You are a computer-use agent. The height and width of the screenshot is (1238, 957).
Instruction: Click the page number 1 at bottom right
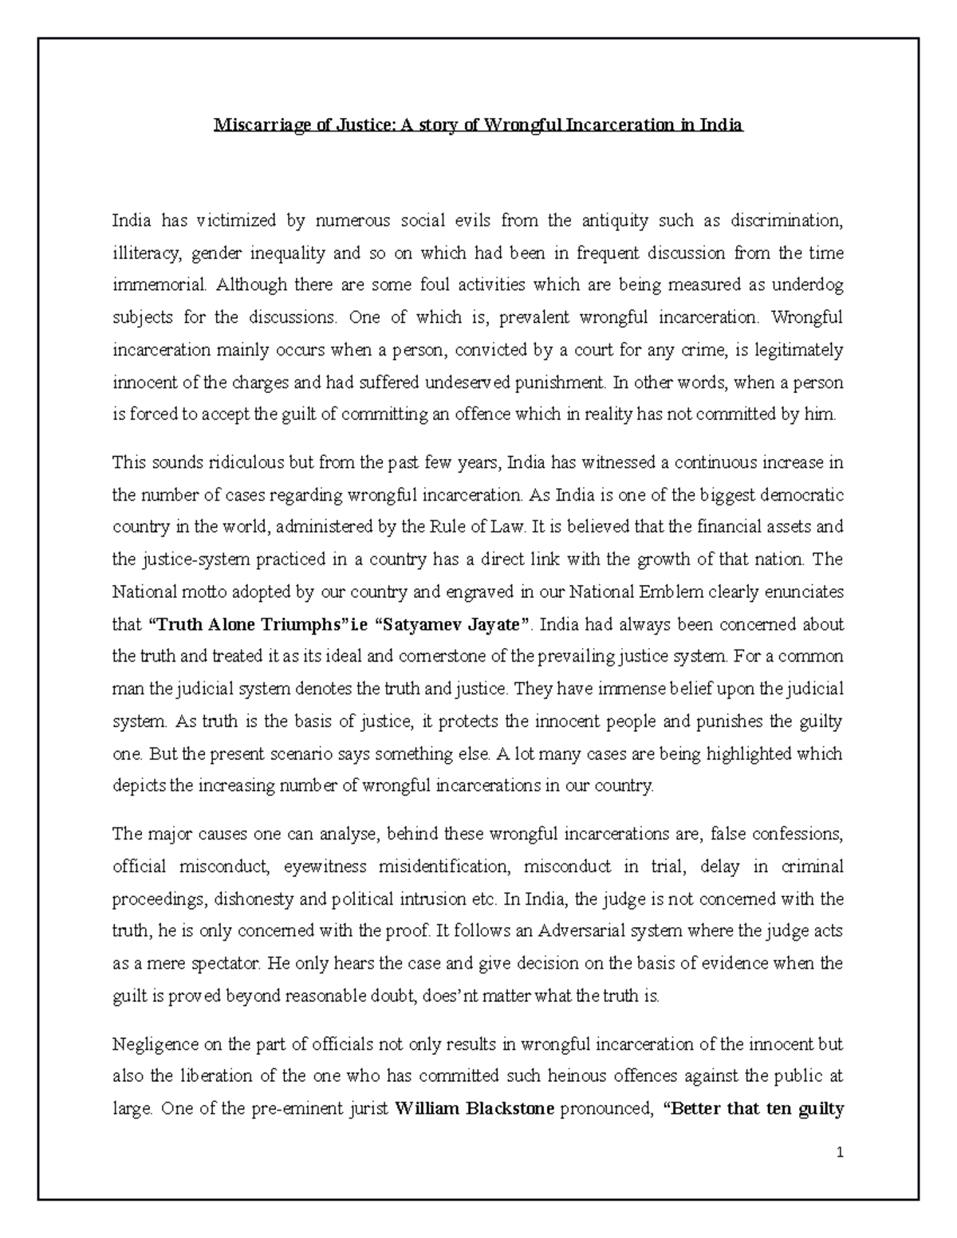840,1153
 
